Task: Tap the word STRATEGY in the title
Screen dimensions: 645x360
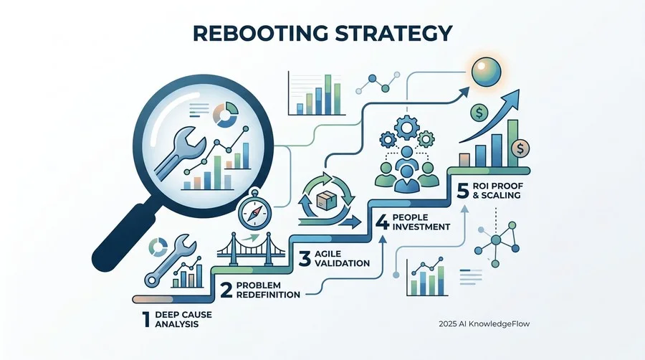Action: point(393,33)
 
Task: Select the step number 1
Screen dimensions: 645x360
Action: point(146,319)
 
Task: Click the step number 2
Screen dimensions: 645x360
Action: point(226,290)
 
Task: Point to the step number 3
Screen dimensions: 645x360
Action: point(305,258)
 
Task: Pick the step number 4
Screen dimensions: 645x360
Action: point(382,222)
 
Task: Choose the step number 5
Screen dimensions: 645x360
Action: point(463,191)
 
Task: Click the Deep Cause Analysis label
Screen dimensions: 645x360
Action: point(183,319)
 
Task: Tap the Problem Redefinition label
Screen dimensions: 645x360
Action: point(268,290)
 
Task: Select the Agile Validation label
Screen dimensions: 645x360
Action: point(342,258)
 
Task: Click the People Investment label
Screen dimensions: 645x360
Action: point(421,222)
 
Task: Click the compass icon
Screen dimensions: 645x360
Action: point(254,211)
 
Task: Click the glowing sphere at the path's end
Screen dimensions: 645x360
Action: point(487,72)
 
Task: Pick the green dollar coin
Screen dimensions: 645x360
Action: point(479,111)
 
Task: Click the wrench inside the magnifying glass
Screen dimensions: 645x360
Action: point(179,153)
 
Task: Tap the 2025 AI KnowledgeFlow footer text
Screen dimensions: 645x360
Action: point(484,324)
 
